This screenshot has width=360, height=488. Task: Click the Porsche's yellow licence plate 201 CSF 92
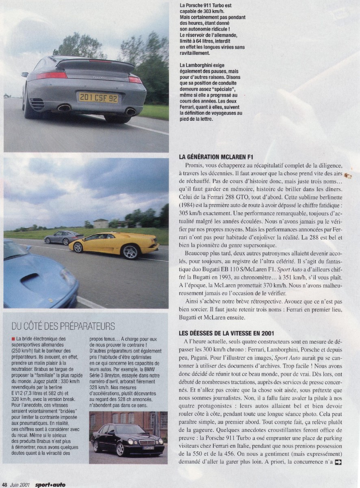[x=98, y=98]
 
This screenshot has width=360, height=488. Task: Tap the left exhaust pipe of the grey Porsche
[x=64, y=108]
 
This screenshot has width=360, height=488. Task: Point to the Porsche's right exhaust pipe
[x=131, y=111]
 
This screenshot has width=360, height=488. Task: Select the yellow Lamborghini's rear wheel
[x=130, y=252]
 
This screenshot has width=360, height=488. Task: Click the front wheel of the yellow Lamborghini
[x=78, y=247]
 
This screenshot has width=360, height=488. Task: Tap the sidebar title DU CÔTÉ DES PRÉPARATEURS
[x=63, y=326]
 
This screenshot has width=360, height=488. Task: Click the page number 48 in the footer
[x=4, y=484]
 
